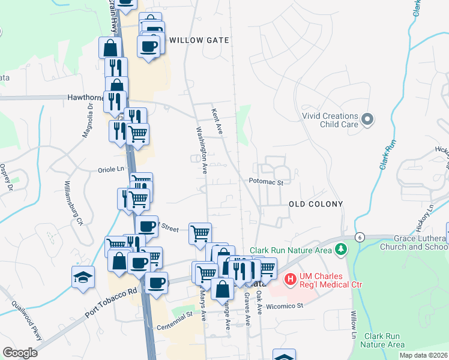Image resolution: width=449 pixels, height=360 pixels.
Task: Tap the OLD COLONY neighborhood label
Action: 316,204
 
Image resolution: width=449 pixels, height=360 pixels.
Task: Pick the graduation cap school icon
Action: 83,278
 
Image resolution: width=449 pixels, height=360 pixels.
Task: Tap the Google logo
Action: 20,353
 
